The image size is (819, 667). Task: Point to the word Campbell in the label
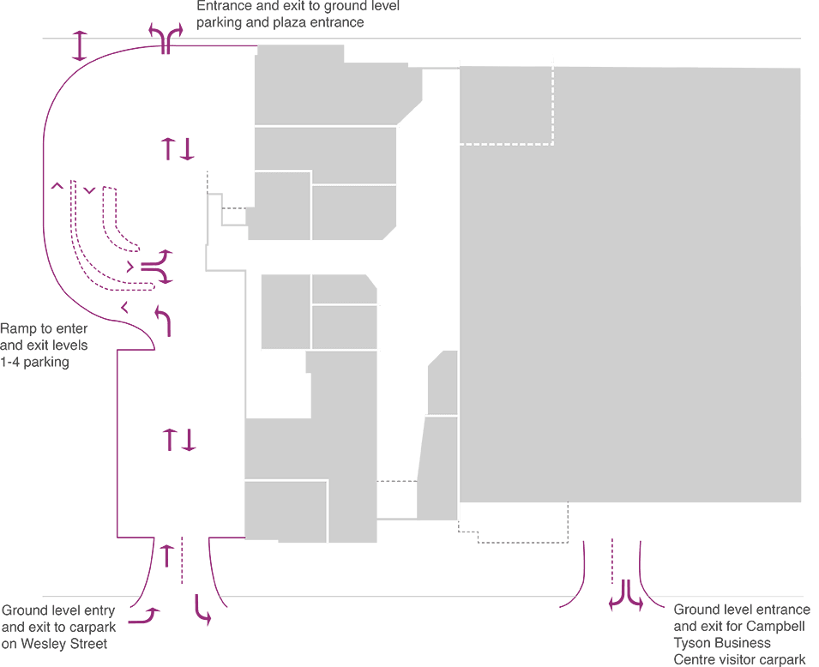pos(774,626)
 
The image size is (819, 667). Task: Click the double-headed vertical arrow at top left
pos(79,45)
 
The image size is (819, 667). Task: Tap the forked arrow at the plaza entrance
pos(166,38)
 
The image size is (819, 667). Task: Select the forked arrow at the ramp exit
pos(157,267)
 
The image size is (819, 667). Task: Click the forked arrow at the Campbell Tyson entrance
pos(626,596)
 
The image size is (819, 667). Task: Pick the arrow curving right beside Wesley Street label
pos(145,616)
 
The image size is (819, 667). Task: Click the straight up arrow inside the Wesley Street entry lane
pos(166,556)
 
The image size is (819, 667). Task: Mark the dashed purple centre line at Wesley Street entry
pos(182,560)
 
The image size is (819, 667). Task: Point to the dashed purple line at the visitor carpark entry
pos(612,561)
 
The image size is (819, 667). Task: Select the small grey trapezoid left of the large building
pos(443,383)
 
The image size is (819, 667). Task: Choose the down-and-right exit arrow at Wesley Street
pos(202,610)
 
